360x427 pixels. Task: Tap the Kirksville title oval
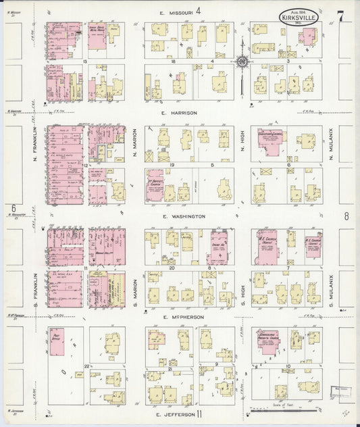point(298,16)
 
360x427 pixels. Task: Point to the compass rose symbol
point(241,63)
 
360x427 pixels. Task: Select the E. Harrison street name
point(179,113)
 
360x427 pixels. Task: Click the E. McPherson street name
point(184,316)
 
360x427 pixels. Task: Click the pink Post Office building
point(57,342)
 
